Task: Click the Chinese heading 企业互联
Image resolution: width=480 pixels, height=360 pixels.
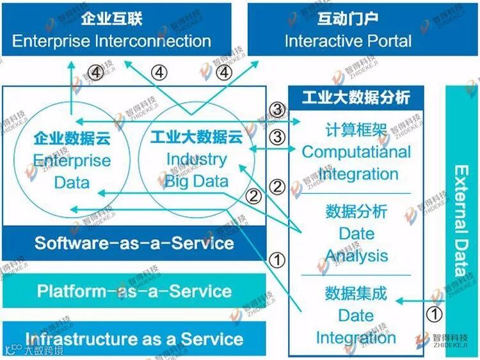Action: coord(111,18)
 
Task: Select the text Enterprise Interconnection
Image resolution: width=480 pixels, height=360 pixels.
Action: coord(111,42)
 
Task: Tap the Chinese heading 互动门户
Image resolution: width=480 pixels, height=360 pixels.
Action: coord(348,18)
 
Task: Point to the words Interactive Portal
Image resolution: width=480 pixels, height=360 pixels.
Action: coord(348,42)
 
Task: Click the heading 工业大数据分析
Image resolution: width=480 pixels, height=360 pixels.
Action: coord(356,98)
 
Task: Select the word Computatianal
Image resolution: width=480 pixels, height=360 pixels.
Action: coord(356,152)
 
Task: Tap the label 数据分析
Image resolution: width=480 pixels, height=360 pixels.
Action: coord(356,212)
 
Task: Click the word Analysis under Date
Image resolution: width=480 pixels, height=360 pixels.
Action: coord(356,256)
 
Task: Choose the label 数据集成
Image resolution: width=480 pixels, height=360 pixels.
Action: coord(356,293)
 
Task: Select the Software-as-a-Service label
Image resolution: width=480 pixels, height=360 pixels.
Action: coord(134,244)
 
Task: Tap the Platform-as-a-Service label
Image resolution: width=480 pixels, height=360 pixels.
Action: coord(134,292)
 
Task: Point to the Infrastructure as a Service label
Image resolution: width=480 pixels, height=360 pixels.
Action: coord(134,340)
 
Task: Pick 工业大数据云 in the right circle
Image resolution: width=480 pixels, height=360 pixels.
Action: coord(188,137)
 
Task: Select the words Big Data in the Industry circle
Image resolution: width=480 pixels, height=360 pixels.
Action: coord(196,181)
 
